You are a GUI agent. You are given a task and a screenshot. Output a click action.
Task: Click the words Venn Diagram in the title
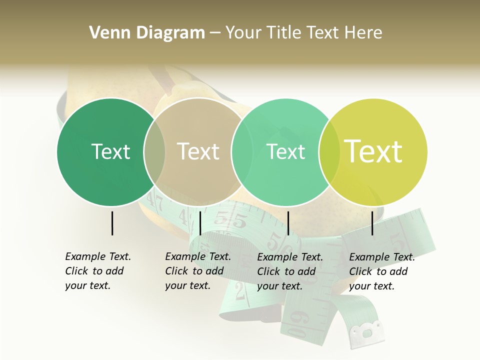tap(147, 33)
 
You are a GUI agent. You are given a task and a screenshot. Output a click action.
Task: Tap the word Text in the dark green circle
tap(110, 151)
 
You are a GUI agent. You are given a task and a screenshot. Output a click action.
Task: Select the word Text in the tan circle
tap(198, 151)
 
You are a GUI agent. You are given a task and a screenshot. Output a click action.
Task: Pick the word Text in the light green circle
tap(286, 151)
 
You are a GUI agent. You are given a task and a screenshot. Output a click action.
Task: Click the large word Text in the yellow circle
tap(373, 151)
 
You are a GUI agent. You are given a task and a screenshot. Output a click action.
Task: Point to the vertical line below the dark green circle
tap(112, 223)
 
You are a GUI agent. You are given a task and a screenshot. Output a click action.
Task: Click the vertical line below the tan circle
tap(200, 223)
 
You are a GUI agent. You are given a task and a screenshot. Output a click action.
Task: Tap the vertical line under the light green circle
tap(288, 223)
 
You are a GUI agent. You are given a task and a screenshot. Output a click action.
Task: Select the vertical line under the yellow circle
tap(372, 223)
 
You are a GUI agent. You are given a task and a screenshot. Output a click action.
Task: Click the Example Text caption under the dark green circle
tap(98, 271)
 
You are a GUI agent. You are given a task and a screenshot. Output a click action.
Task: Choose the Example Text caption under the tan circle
tap(198, 271)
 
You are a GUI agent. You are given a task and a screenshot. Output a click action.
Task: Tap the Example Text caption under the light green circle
tap(290, 271)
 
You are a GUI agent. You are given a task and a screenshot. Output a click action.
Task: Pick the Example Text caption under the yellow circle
tap(382, 271)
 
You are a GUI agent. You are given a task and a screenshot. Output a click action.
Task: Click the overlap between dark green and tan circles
tap(154, 152)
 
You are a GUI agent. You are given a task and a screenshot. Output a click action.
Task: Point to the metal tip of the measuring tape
tap(367, 332)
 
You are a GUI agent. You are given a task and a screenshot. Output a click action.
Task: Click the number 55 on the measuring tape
tap(231, 220)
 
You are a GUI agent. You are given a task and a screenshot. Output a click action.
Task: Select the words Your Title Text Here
tap(303, 33)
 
